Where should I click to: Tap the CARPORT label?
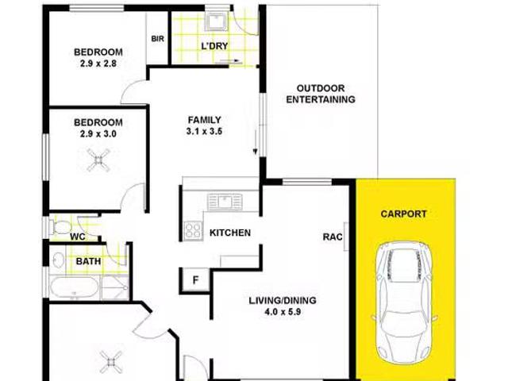(403, 214)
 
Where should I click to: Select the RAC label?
(333, 237)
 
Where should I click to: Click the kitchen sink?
(225, 202)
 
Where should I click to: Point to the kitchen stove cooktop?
(193, 231)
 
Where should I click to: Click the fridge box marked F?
(195, 279)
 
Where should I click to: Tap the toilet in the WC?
(60, 227)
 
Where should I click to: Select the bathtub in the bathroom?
(74, 287)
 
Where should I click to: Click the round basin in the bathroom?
(58, 260)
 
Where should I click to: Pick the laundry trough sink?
(217, 21)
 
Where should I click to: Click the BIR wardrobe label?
(157, 39)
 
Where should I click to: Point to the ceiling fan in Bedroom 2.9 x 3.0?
(98, 160)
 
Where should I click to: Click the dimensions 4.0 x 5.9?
(283, 312)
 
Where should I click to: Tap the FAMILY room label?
(205, 120)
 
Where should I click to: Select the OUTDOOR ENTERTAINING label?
(321, 94)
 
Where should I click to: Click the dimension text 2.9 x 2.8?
(98, 63)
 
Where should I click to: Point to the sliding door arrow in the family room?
(255, 143)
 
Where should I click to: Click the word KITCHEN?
(230, 233)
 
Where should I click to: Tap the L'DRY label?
(214, 46)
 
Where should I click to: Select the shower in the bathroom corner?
(115, 287)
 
